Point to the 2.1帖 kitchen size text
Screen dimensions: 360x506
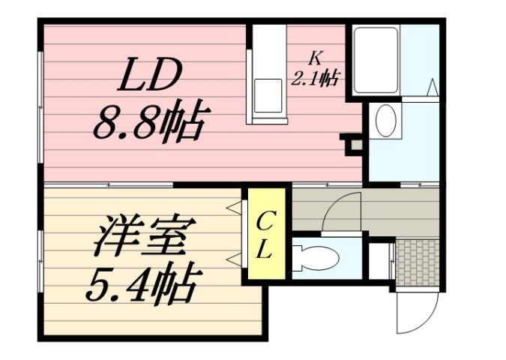(x=316, y=76)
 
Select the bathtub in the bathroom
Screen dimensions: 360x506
(x=376, y=60)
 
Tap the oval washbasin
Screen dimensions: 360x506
(x=385, y=121)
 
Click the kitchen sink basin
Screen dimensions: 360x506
(x=268, y=94)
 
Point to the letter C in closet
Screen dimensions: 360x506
(x=265, y=221)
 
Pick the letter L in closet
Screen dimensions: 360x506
(x=265, y=251)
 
